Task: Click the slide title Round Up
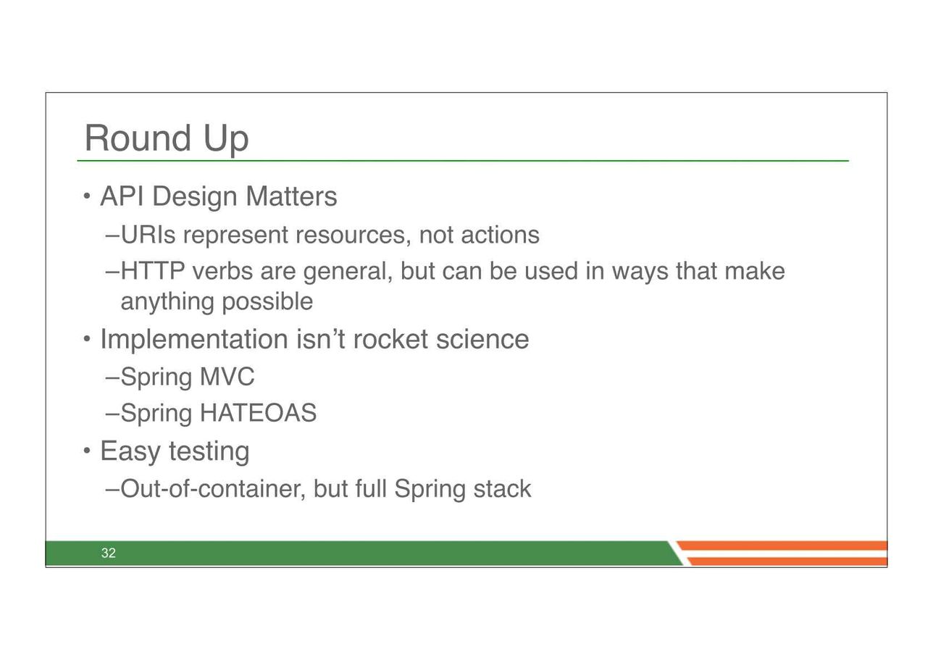(167, 139)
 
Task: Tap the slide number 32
(109, 553)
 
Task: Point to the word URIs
(148, 235)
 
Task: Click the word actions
(500, 235)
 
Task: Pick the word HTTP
(153, 271)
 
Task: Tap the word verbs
(222, 271)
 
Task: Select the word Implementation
(194, 339)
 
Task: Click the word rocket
(390, 339)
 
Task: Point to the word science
(482, 339)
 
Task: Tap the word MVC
(227, 377)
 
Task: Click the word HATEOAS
(258, 413)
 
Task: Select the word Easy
(130, 451)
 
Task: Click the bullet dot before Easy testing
(87, 451)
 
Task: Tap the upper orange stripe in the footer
(782, 546)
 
